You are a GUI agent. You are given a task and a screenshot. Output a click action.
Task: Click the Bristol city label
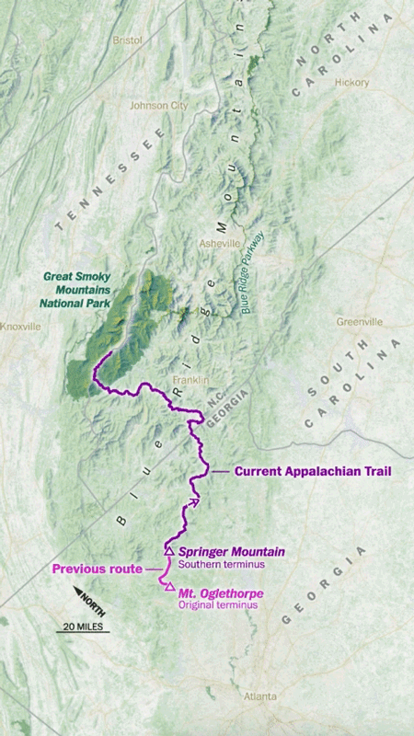pyautogui.click(x=127, y=40)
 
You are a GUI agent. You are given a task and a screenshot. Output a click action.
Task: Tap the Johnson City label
pyautogui.click(x=159, y=106)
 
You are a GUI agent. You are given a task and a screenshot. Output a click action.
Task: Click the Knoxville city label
pyautogui.click(x=20, y=327)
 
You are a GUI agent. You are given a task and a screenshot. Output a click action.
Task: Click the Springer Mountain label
pyautogui.click(x=232, y=551)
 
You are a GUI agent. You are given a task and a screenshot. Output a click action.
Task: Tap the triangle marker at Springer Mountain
pyautogui.click(x=168, y=551)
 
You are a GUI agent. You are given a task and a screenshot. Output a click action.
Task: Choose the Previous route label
pyautogui.click(x=97, y=569)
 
